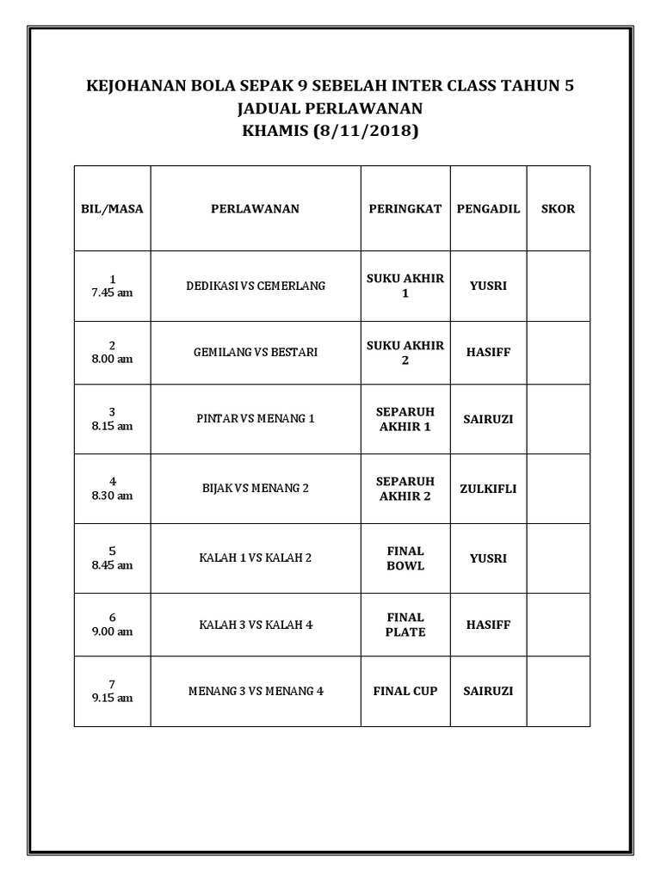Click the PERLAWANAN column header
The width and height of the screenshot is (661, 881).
click(x=255, y=209)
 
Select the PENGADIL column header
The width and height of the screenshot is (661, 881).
click(x=488, y=209)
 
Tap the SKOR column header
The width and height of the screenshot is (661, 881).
click(x=558, y=209)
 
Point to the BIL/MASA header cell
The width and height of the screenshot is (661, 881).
click(x=112, y=209)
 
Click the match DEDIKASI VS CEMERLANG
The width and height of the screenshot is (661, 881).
click(x=256, y=286)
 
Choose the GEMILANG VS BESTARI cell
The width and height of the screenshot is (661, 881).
click(x=256, y=353)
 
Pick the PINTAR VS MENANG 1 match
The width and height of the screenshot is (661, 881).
click(x=256, y=419)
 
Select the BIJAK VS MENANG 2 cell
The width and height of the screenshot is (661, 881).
click(x=256, y=489)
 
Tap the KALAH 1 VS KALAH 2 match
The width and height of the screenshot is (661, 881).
click(x=256, y=558)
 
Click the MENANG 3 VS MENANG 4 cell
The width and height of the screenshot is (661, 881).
click(x=256, y=691)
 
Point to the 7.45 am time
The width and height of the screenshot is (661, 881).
click(x=113, y=293)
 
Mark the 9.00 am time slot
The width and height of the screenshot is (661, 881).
click(x=113, y=632)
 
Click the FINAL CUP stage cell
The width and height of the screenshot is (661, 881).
click(x=405, y=691)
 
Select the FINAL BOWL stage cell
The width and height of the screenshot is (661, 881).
click(x=405, y=558)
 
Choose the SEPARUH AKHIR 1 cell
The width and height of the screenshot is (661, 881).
click(x=405, y=419)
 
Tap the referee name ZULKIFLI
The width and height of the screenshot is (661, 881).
click(x=488, y=489)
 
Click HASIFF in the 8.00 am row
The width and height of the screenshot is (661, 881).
click(x=488, y=353)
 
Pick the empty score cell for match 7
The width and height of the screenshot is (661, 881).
click(x=558, y=691)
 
